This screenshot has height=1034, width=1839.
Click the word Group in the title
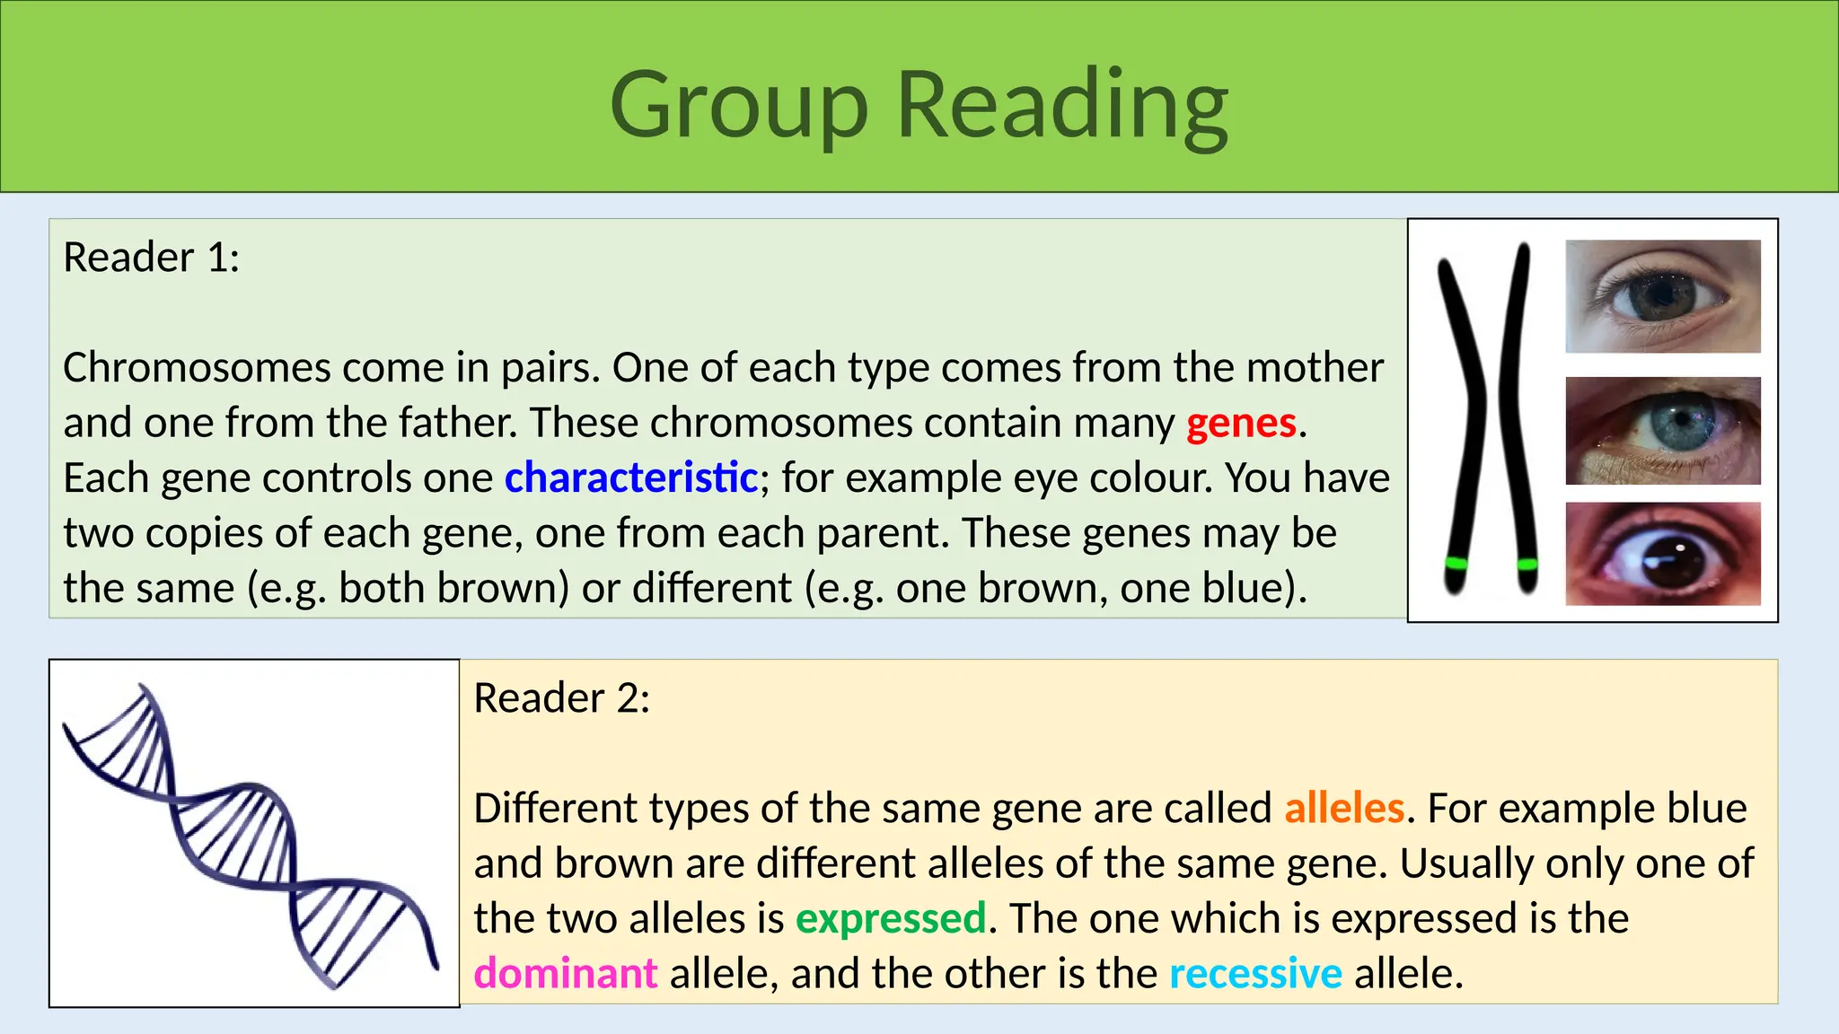click(x=738, y=106)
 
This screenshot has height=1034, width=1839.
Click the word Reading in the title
click(x=1062, y=106)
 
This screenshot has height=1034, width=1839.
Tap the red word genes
click(x=1241, y=423)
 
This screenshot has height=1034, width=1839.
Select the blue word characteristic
click(x=631, y=478)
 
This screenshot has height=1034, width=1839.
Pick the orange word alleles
click(x=1343, y=808)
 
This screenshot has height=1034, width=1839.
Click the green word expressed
click(x=891, y=918)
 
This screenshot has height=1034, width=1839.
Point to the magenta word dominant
click(x=566, y=973)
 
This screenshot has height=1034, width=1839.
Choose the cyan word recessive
click(x=1255, y=973)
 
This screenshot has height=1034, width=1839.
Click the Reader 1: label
click(x=152, y=258)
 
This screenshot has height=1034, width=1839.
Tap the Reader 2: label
click(x=562, y=698)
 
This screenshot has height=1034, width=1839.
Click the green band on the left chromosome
click(x=1456, y=564)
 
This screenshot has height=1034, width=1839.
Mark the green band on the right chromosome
click(x=1527, y=565)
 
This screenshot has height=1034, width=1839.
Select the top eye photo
click(x=1663, y=295)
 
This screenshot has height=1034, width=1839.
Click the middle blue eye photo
click(x=1663, y=431)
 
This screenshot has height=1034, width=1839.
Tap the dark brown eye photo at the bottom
click(x=1663, y=554)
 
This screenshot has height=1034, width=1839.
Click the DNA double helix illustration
click(x=251, y=835)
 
